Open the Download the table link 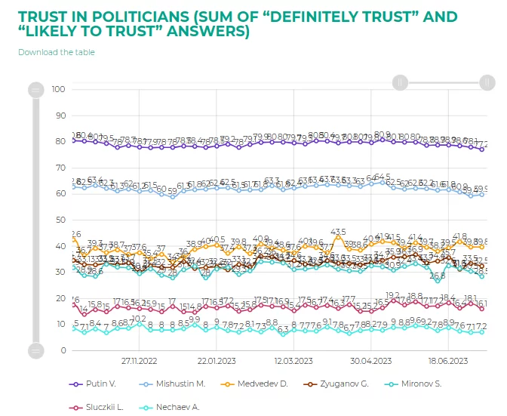click(x=56, y=52)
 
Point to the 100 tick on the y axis click(x=59, y=90)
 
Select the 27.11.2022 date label click(x=139, y=361)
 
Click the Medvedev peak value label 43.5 click(x=338, y=232)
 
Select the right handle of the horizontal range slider click(x=487, y=82)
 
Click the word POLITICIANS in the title click(x=143, y=16)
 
